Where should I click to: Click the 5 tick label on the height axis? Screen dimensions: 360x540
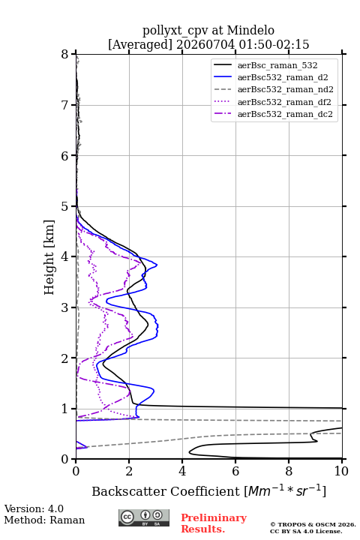click(x=64, y=207)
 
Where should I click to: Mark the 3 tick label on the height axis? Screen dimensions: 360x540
click(x=64, y=307)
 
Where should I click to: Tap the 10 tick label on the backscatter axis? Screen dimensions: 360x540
click(x=341, y=471)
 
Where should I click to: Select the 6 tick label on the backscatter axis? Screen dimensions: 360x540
click(x=235, y=471)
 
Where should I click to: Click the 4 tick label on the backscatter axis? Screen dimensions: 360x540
click(x=182, y=471)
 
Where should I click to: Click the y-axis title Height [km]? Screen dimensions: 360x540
click(x=49, y=257)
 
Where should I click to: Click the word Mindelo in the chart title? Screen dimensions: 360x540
click(x=250, y=30)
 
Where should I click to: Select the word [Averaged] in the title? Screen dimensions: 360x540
click(x=139, y=44)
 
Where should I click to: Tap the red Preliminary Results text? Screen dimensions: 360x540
click(x=214, y=523)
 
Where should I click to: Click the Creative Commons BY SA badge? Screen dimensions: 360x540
click(x=144, y=518)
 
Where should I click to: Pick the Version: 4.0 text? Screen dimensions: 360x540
click(x=34, y=508)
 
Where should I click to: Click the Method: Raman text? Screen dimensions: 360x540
click(x=44, y=520)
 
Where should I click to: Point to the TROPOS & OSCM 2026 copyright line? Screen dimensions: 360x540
click(x=313, y=524)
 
